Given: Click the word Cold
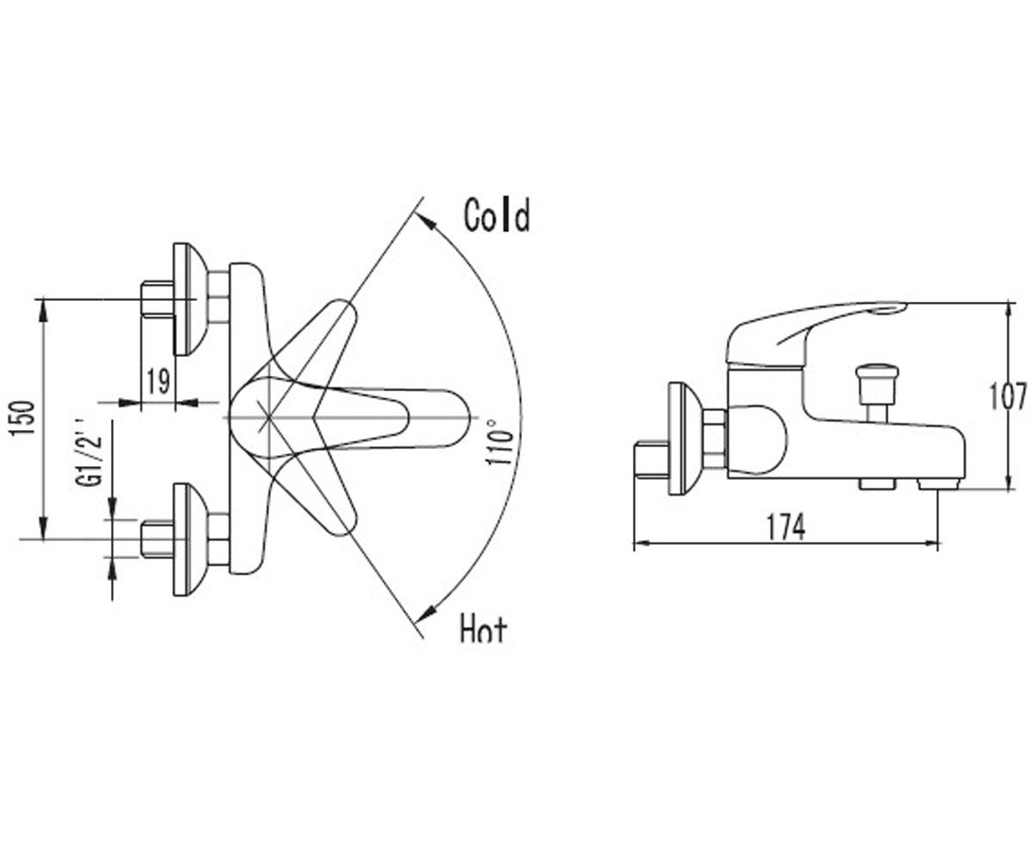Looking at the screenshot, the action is point(497,215).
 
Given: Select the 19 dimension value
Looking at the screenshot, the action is point(158,381).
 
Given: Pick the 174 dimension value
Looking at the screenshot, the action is point(786,527).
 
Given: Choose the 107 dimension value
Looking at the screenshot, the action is point(1007,396).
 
